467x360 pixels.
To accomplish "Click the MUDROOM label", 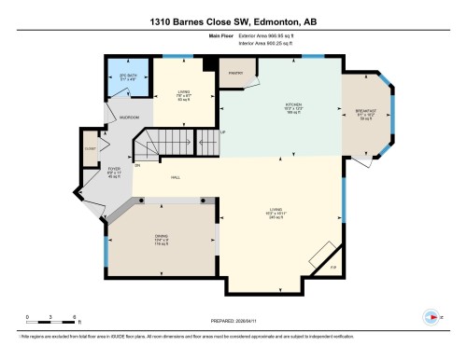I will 130,118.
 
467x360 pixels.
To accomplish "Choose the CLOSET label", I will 90,148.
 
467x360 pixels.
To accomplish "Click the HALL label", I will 176,178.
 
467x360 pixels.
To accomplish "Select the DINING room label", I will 161,237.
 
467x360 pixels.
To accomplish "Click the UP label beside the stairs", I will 221,132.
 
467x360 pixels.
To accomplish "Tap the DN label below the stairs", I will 137,165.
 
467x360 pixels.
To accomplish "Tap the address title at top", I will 233,21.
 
